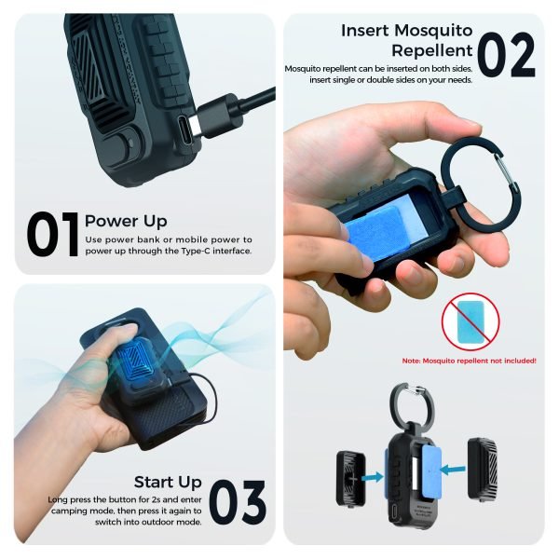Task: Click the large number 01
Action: pyautogui.click(x=52, y=234)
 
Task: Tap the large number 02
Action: pyautogui.click(x=506, y=54)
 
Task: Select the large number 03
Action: pyautogui.click(x=238, y=502)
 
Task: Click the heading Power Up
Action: pyautogui.click(x=126, y=221)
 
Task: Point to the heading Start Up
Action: pyautogui.click(x=168, y=482)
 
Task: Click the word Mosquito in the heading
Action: pyautogui.click(x=433, y=31)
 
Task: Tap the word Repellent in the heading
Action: pyautogui.click(x=432, y=50)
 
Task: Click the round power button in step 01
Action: pyautogui.click(x=121, y=145)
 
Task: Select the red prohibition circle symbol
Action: pyautogui.click(x=470, y=321)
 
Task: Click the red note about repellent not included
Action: pyautogui.click(x=470, y=361)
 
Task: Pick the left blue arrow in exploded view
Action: pyautogui.click(x=373, y=477)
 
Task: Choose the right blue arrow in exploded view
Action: pyautogui.click(x=453, y=470)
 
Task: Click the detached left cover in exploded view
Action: pyautogui.click(x=351, y=479)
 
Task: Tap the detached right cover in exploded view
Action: pyautogui.click(x=483, y=468)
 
